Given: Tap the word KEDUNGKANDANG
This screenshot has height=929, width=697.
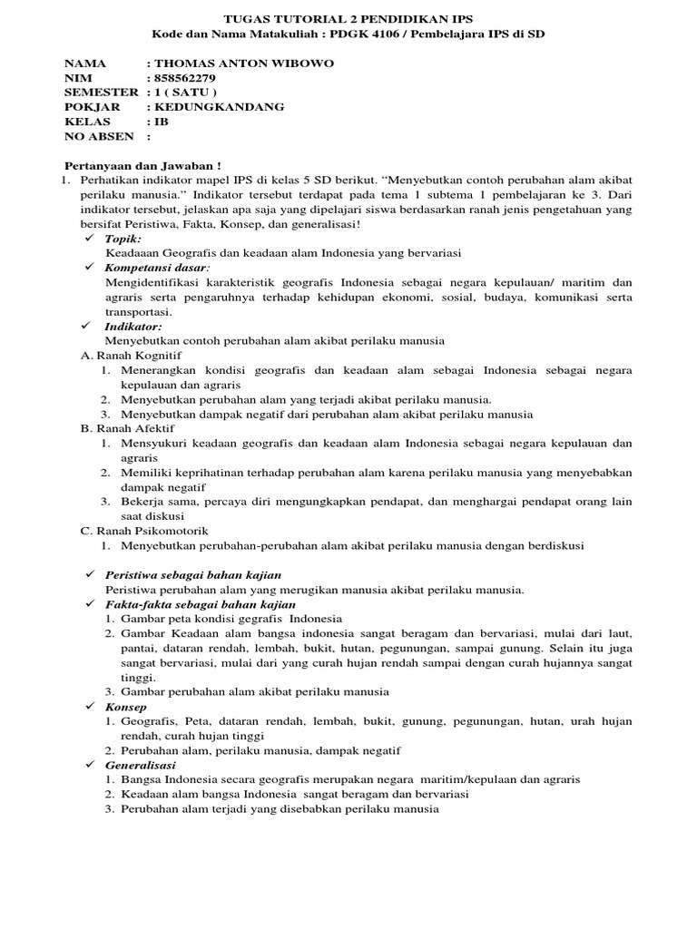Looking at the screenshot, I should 221,107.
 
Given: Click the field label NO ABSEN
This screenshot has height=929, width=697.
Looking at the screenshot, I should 97,136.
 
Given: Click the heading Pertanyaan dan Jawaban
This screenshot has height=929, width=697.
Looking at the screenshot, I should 142,166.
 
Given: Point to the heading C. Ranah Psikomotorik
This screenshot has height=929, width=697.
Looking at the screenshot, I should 144,530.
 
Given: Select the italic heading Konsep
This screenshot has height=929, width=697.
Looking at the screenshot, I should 126,706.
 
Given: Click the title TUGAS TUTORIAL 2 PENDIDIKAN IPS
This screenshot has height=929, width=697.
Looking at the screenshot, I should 348,19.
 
